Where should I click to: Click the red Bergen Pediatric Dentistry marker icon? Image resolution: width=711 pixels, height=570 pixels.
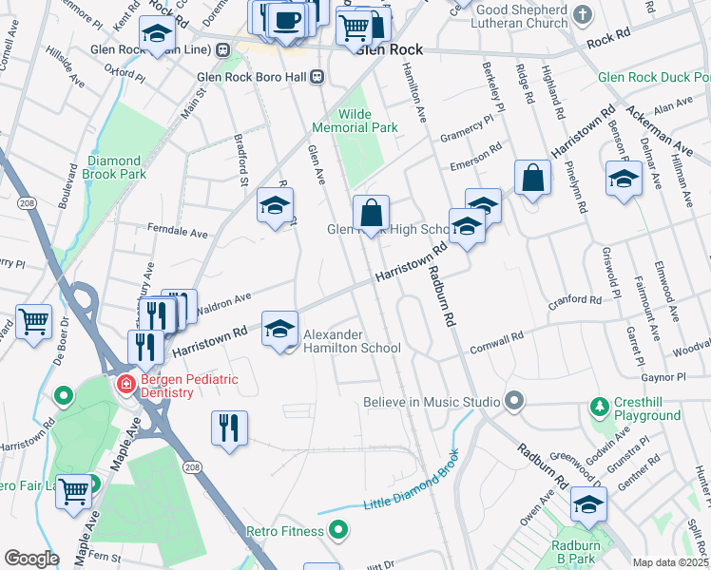click(125, 385)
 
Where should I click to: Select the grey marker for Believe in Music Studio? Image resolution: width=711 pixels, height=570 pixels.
click(514, 401)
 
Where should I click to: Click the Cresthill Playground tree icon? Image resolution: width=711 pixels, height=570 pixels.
click(600, 408)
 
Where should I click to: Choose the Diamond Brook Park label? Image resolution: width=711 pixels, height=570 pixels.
click(117, 167)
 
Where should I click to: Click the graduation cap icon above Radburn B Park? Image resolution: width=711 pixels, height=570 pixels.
click(588, 504)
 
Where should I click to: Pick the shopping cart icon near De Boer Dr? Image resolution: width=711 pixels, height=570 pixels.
click(34, 321)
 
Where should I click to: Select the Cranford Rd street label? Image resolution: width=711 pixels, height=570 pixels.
click(575, 300)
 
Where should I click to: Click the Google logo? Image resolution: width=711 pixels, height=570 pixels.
click(31, 559)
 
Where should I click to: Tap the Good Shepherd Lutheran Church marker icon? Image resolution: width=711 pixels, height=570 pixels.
click(583, 15)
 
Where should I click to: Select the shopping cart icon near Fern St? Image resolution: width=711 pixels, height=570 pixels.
click(73, 491)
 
